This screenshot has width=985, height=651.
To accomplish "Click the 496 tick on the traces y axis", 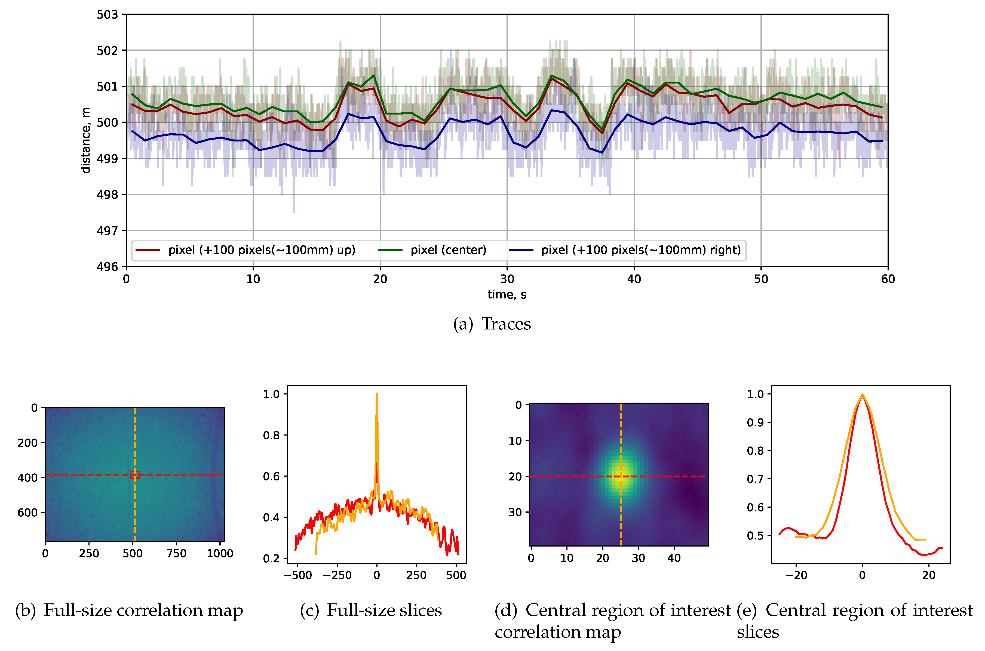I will tap(107, 267).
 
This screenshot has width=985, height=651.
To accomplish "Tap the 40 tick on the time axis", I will tap(634, 279).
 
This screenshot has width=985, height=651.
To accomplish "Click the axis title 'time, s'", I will tap(507, 295).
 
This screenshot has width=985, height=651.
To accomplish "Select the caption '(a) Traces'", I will tap(492, 324).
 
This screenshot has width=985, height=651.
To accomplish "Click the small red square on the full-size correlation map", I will tap(134, 474).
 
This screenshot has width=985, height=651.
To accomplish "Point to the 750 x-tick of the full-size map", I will tap(176, 553).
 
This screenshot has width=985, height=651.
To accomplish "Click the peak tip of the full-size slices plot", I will tap(377, 394).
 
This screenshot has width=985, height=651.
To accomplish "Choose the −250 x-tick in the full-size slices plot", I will tap(337, 575).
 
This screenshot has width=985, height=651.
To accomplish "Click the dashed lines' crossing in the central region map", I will tap(620, 476).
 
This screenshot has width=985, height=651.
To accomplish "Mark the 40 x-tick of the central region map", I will tap(674, 558).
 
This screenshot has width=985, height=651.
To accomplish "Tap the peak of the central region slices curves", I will tap(862, 394).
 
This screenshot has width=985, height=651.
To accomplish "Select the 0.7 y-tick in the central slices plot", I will tap(755, 479).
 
